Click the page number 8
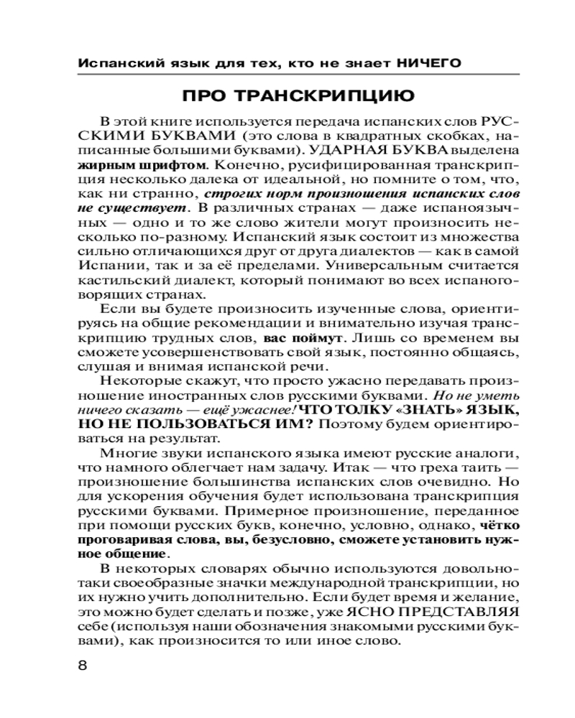81,664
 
